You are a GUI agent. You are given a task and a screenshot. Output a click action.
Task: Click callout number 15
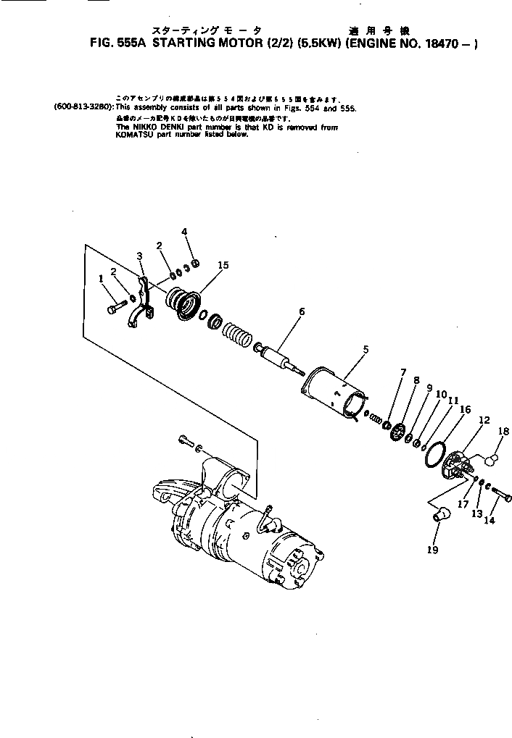click(x=223, y=265)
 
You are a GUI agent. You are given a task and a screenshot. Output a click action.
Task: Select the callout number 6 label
click(x=301, y=311)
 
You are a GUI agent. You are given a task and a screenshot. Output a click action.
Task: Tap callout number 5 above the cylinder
click(x=366, y=349)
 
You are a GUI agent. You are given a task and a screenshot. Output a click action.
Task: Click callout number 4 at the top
click(x=184, y=232)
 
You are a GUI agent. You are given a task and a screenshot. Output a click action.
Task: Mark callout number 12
click(x=484, y=420)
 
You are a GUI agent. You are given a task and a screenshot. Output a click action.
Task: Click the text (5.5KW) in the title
click(x=320, y=43)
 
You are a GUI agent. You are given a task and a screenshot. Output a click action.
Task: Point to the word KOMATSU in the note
click(x=136, y=135)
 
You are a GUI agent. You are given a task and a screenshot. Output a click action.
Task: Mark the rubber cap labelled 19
click(x=440, y=515)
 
